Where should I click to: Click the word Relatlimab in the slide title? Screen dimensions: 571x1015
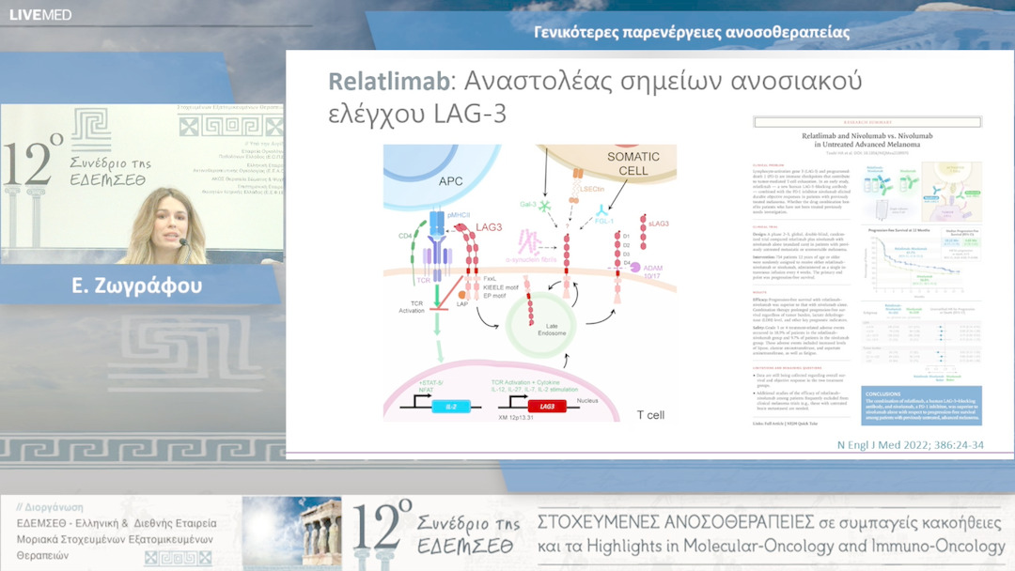click(387, 82)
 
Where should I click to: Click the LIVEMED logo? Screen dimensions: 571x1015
click(40, 14)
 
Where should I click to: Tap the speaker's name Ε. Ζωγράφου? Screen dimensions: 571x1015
click(136, 285)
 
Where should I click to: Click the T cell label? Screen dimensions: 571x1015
click(652, 414)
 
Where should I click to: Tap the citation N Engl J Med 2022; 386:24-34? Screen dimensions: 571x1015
click(909, 444)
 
